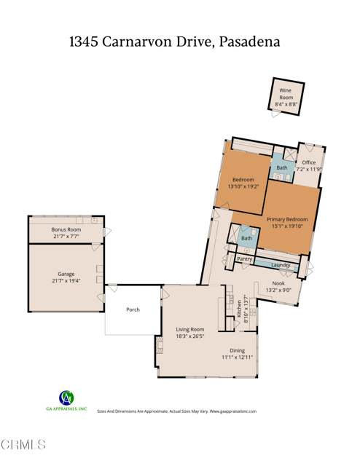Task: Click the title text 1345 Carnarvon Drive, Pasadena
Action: pos(175,42)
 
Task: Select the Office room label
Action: pos(308,165)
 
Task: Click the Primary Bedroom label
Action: pos(287,223)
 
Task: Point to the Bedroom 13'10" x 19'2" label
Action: pos(243,183)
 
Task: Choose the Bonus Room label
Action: pos(66,233)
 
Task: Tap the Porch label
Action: pos(133,309)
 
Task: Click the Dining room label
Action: pos(238,354)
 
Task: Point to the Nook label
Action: pos(278,286)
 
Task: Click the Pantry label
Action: pos(245,258)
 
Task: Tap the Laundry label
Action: pos(281,265)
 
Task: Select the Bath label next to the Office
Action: pos(281,167)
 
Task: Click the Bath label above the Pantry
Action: pos(246,238)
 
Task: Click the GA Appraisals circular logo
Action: pos(66,398)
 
